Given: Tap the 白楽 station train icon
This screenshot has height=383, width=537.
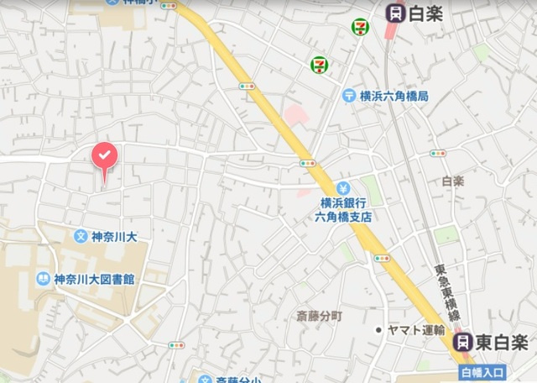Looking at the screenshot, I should pos(394,13).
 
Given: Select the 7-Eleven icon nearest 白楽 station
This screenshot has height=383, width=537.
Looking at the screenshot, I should pos(359,27).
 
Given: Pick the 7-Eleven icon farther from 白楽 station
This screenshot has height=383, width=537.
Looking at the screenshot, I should pos(319,65).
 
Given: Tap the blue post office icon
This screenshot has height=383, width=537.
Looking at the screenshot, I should pos(348,97).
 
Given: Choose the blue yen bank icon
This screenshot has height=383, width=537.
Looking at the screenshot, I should pos(342,187).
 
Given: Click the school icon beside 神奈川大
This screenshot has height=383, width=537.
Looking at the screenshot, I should pos(81,237).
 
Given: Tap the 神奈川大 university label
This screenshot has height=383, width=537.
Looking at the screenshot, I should pos(114,237).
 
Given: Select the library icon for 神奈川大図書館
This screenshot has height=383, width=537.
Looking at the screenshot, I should pos(42,278).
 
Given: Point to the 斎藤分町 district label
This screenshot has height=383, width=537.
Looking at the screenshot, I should pos(320,317).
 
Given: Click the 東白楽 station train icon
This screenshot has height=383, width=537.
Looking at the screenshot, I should pos(461,342).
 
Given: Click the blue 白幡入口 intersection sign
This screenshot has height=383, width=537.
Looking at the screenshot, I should pos(481,371).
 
